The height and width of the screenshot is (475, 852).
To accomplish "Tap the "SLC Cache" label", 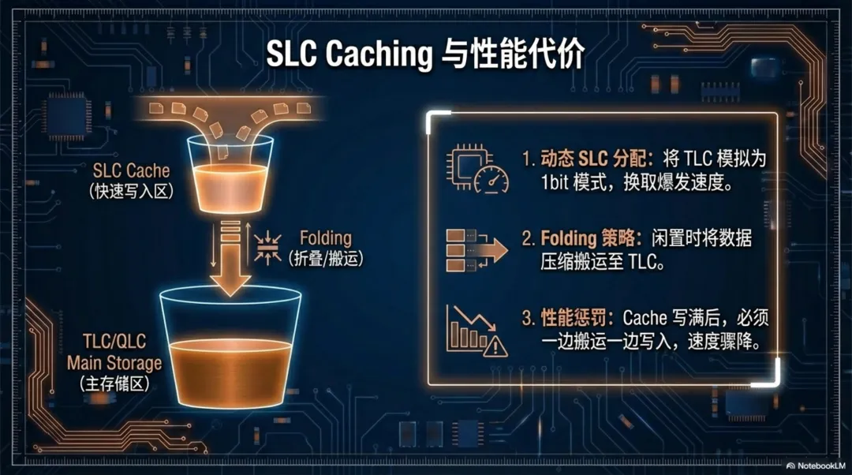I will point(131,170).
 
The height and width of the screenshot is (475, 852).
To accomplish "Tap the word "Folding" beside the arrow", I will point(326,238).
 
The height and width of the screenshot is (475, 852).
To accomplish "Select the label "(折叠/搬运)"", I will point(326,258).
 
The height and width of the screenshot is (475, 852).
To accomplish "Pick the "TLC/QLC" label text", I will point(114,344).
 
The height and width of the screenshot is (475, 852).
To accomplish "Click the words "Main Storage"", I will point(114,364).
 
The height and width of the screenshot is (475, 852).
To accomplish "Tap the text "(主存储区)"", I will point(114,384).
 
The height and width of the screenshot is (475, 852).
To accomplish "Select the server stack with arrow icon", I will point(476,251).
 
